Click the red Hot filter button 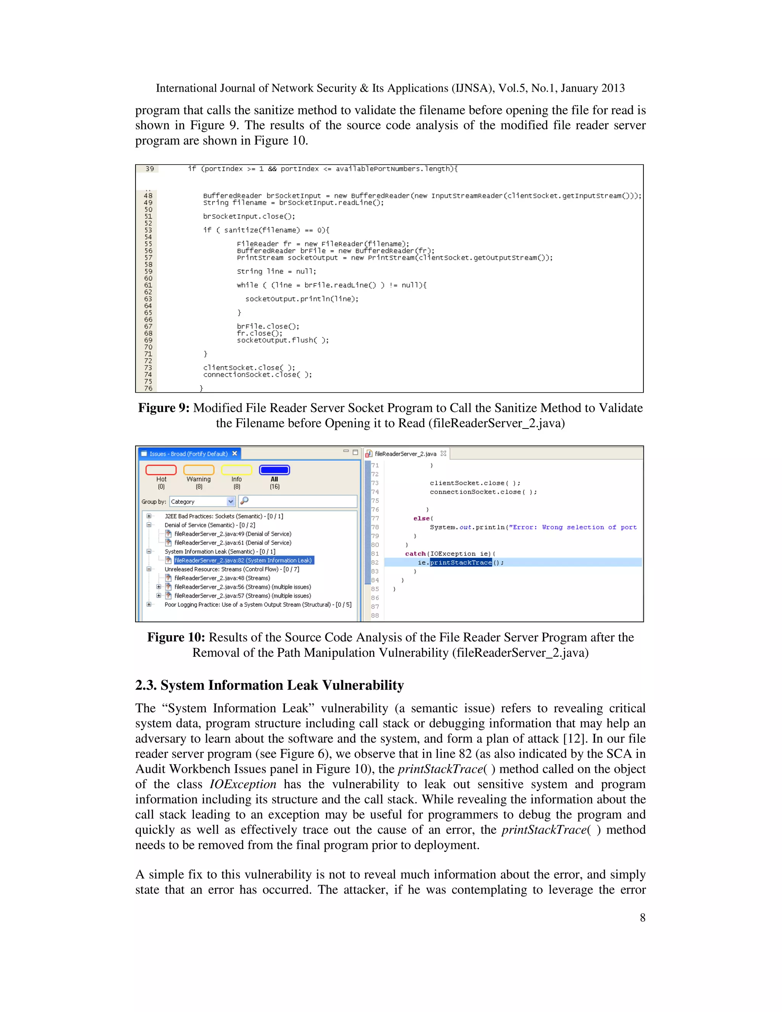tap(161, 470)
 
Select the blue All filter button tap(274, 470)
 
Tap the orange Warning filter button tap(199, 470)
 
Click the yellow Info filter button tap(236, 470)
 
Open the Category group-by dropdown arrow tap(231, 501)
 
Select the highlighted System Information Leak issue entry tap(243, 560)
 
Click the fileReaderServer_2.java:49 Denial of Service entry tap(233, 534)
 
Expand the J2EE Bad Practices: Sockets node tap(149, 516)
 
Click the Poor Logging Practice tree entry tap(258, 604)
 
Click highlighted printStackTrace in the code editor tap(460, 563)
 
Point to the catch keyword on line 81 tap(415, 554)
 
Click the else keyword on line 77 tap(422, 519)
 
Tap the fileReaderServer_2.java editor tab tap(405, 454)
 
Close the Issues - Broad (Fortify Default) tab tap(235, 454)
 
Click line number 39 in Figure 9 tap(150, 169)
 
